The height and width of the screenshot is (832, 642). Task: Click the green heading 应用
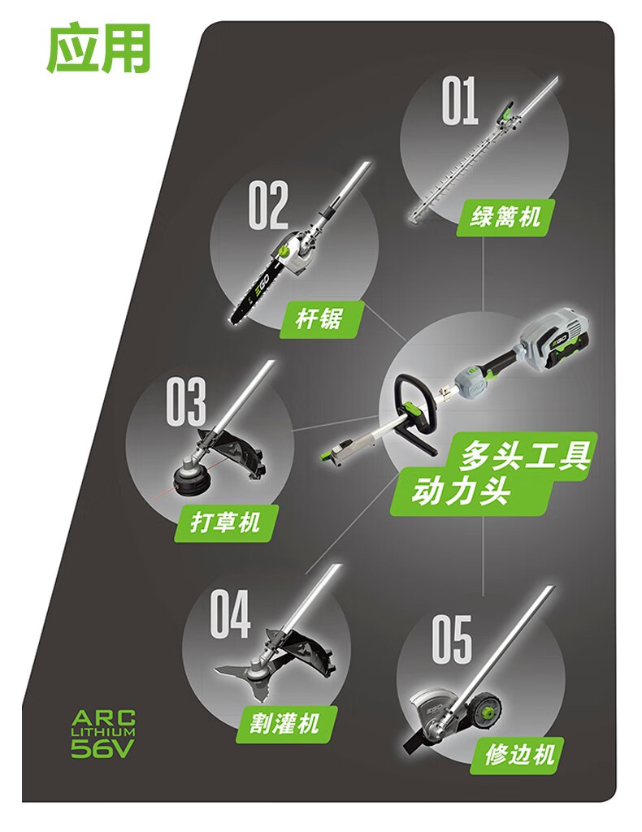coord(98,49)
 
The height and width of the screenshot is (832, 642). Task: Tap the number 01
coord(460,101)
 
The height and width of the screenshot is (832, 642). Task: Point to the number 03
coord(186,400)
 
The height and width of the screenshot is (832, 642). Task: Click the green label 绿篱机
coord(505,217)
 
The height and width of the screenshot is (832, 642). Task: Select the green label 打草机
coord(225,522)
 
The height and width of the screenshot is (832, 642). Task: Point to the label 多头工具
coord(523,454)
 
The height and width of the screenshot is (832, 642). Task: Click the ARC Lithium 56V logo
coord(102,733)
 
